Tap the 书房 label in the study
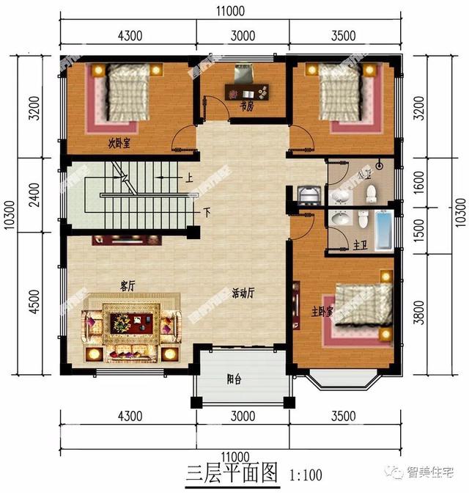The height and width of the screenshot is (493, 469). point(246,106)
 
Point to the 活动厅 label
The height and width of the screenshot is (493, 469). point(243,293)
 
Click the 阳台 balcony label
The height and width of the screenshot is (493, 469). point(234,379)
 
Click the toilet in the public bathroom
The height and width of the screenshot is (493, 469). point(371,192)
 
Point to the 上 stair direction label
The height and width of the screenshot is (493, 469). point(189,178)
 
